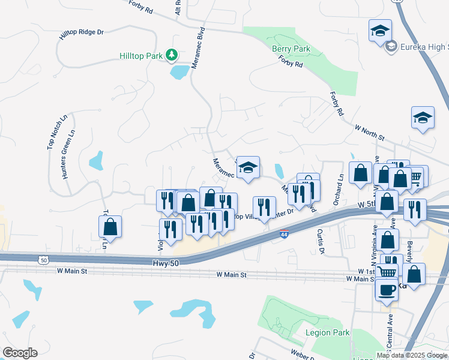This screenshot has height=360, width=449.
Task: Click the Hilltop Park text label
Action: click(x=141, y=56)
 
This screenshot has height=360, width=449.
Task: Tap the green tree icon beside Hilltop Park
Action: click(x=172, y=56)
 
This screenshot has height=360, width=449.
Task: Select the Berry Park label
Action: click(x=291, y=49)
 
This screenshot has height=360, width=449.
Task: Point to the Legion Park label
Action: click(x=327, y=332)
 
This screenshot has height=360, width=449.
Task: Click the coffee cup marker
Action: click(x=387, y=289)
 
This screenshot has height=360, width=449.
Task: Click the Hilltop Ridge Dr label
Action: click(x=82, y=35)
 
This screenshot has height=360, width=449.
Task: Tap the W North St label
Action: click(x=369, y=133)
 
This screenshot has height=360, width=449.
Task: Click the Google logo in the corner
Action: click(x=19, y=353)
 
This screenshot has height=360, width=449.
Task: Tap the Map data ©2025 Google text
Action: click(x=412, y=355)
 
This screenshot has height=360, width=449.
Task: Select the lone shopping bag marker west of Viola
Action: click(x=110, y=227)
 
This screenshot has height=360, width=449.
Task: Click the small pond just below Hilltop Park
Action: click(x=179, y=73)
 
